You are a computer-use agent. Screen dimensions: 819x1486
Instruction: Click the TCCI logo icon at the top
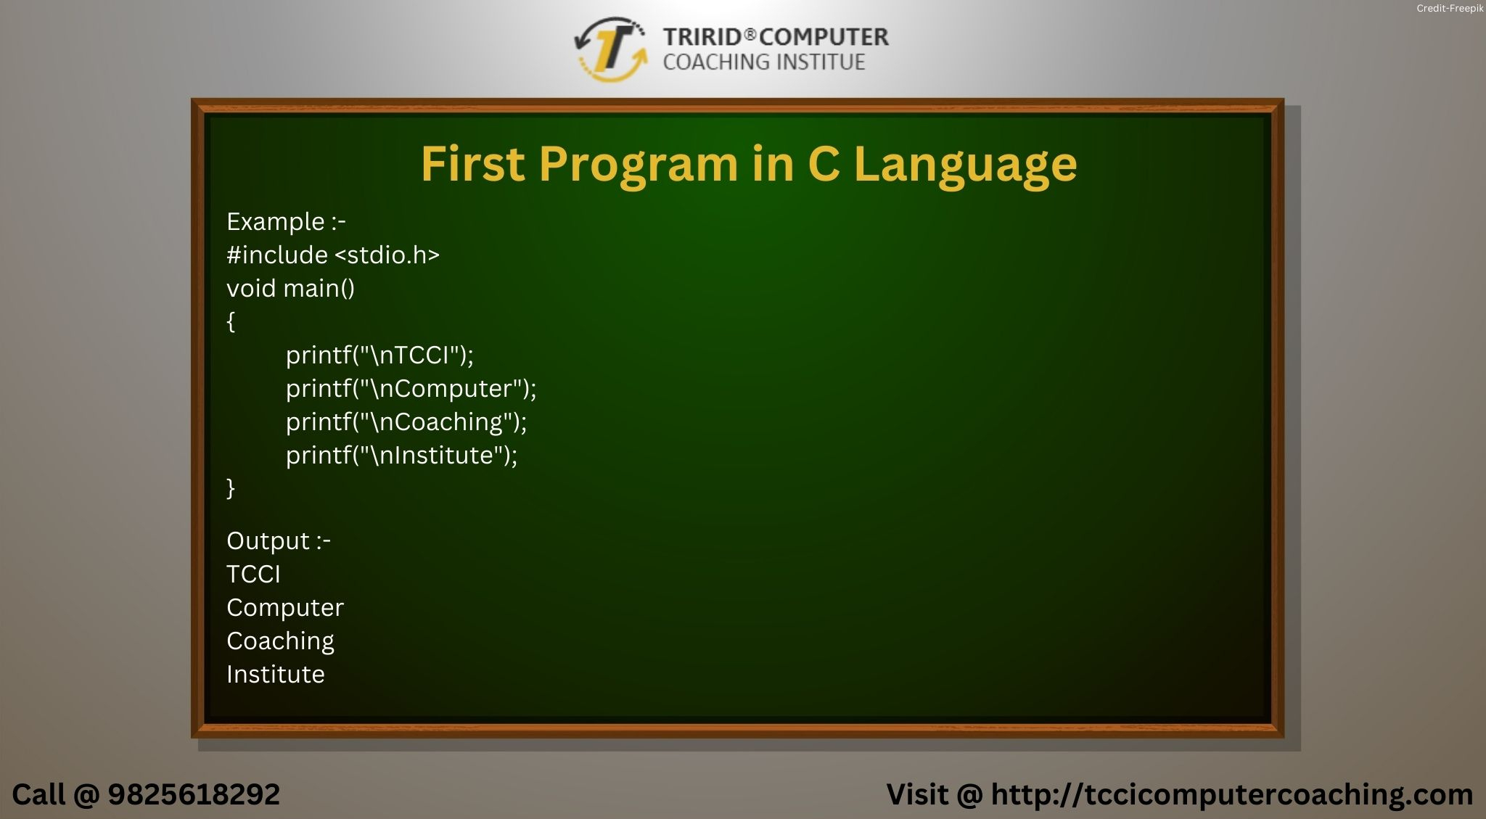tap(611, 49)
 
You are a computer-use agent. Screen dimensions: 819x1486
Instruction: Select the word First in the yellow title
tap(472, 164)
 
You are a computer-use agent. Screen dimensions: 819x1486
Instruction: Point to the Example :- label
tap(286, 222)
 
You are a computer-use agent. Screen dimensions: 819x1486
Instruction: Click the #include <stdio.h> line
tap(333, 255)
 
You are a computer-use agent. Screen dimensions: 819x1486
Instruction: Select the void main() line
tap(290, 289)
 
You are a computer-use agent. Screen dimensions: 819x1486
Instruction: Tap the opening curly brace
tap(231, 321)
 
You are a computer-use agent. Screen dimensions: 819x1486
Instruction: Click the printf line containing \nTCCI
tap(379, 355)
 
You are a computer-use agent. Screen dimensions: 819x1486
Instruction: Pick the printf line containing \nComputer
tap(411, 389)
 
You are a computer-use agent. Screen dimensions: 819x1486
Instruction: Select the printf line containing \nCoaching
tap(406, 422)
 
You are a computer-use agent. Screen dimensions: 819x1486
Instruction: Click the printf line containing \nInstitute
tap(401, 456)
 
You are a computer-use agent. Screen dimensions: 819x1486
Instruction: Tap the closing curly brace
tap(231, 488)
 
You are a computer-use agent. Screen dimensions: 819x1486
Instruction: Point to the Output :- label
tap(279, 541)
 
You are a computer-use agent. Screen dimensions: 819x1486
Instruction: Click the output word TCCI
tap(253, 575)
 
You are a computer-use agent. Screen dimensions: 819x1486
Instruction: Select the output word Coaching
tap(280, 641)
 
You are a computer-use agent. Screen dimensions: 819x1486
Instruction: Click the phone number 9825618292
tap(194, 795)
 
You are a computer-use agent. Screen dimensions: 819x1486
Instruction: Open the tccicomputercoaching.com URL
tap(1231, 795)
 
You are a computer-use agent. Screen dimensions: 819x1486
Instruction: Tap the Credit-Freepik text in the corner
tap(1449, 9)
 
